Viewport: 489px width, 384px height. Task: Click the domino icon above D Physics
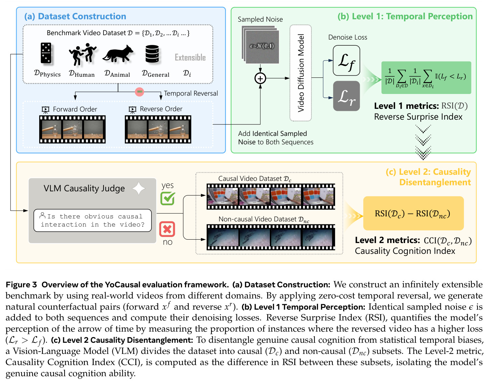(x=46, y=53)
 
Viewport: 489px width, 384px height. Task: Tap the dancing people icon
(x=83, y=54)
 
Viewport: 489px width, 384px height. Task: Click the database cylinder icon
(x=152, y=54)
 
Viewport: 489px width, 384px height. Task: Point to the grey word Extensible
(x=190, y=57)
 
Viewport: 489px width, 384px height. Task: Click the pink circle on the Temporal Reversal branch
(x=139, y=92)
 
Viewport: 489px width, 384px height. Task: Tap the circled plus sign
(x=260, y=78)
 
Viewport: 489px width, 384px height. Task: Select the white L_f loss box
(x=346, y=61)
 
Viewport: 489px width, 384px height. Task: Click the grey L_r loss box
(x=346, y=96)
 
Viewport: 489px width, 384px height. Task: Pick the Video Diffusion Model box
(x=301, y=73)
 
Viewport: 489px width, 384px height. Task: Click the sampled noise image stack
(x=260, y=45)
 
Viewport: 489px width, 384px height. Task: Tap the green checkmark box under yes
(x=168, y=198)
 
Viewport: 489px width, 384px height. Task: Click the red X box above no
(x=167, y=229)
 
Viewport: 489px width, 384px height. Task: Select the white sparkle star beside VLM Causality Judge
(x=139, y=188)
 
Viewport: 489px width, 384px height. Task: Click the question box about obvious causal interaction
(x=92, y=220)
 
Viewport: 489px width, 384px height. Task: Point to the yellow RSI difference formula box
(x=413, y=213)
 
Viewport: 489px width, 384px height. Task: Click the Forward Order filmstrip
(x=72, y=129)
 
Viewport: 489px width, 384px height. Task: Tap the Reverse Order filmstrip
(x=158, y=129)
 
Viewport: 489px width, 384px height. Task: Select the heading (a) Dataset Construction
(x=75, y=17)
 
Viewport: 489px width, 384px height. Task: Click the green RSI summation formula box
(x=426, y=77)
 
